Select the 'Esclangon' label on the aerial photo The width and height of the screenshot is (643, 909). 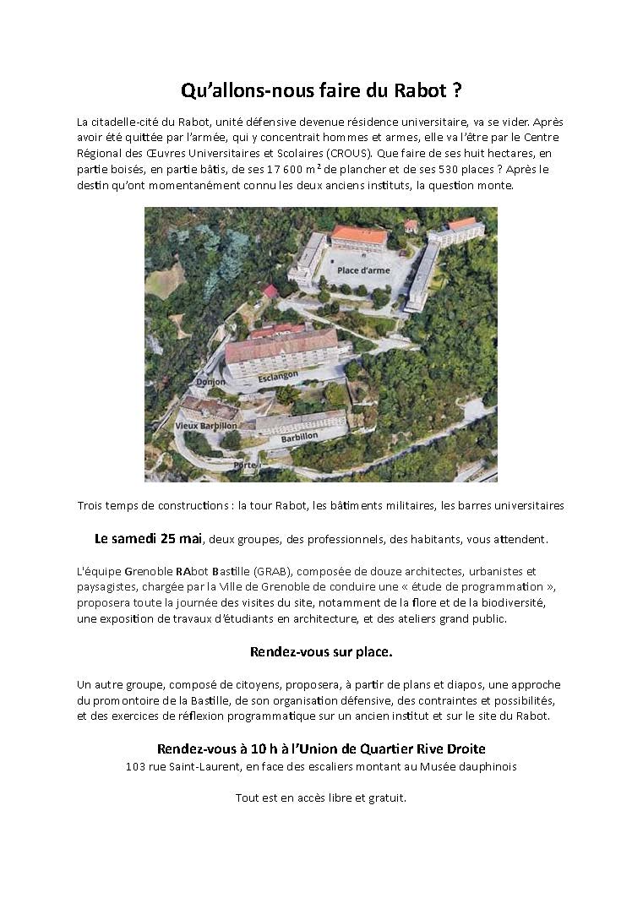coord(279,373)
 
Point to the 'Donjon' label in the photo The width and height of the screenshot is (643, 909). coord(210,382)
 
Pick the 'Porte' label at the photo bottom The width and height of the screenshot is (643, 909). coord(244,465)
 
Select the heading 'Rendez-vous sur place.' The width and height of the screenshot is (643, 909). coord(321,652)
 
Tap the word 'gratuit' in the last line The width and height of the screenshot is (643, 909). coord(385,797)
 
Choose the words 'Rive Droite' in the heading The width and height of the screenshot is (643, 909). coord(452,748)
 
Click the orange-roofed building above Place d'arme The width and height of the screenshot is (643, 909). coord(359,237)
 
